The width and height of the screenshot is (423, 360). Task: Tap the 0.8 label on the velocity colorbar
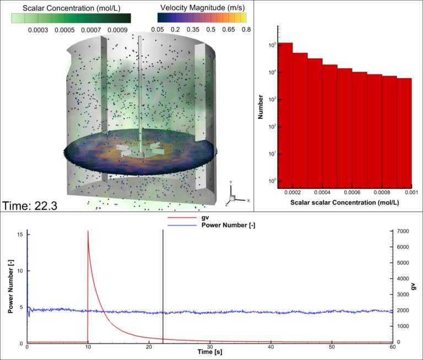click(246, 29)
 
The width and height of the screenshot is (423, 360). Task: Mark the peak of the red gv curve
click(88, 232)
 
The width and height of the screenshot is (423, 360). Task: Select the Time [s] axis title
click(210, 351)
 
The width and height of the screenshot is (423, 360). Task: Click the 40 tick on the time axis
click(270, 346)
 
